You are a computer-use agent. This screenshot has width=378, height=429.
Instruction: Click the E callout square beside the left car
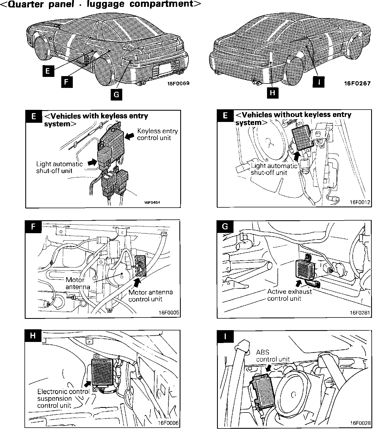(x=48, y=71)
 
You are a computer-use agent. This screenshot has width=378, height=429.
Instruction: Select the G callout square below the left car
(x=116, y=94)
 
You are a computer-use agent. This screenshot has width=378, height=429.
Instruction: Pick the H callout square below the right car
(x=272, y=93)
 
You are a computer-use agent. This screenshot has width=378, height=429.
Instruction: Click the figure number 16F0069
(x=179, y=83)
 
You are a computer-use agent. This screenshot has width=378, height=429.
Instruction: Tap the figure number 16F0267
(x=357, y=83)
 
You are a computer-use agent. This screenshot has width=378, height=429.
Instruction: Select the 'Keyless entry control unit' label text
(x=157, y=134)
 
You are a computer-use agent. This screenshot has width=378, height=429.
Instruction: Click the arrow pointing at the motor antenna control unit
(x=137, y=282)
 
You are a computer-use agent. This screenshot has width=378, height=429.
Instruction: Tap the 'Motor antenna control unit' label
(x=151, y=296)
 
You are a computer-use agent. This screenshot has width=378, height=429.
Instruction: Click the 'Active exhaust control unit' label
(x=290, y=295)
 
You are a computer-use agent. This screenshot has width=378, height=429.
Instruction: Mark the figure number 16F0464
(x=152, y=203)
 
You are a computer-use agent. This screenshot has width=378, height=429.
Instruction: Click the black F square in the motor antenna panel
(x=33, y=227)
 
